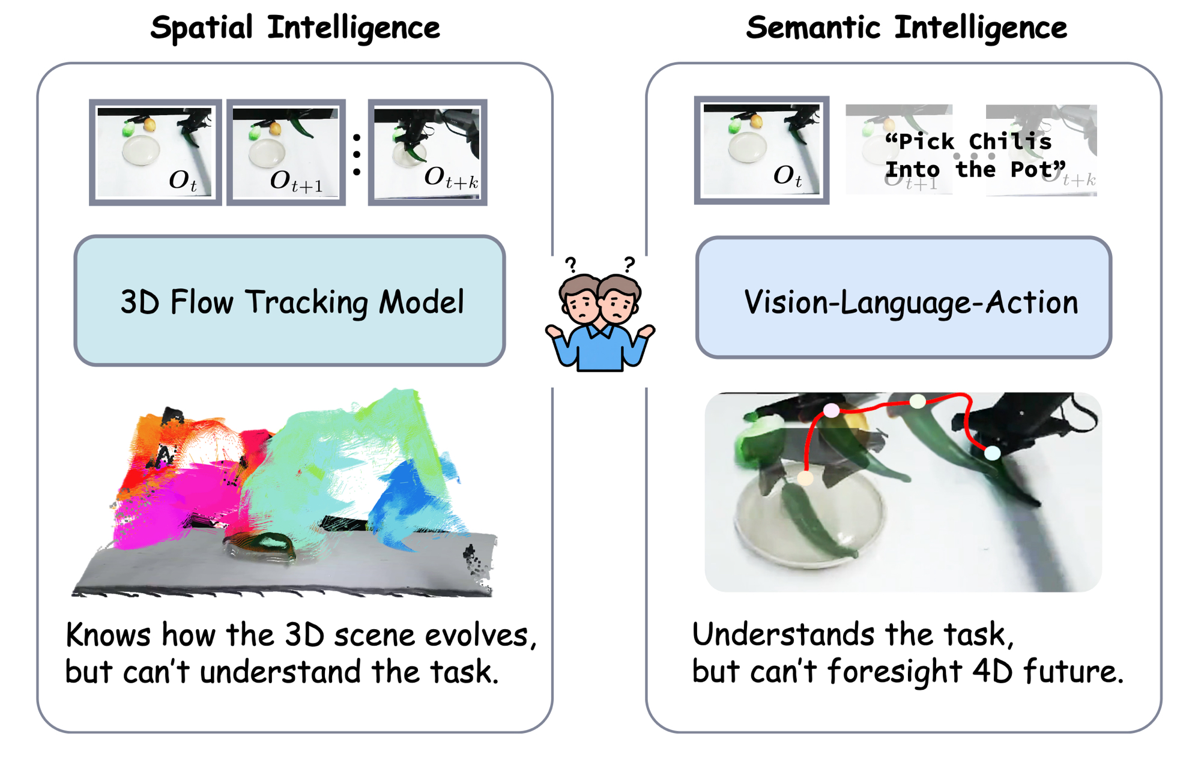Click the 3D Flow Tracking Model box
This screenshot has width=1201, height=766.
click(x=289, y=300)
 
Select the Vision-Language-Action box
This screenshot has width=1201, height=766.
click(x=904, y=298)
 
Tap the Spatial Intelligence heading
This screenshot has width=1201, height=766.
click(x=295, y=28)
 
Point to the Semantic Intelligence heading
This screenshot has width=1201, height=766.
click(x=906, y=28)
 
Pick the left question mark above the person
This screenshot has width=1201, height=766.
click(x=571, y=265)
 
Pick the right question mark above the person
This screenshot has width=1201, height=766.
click(x=629, y=264)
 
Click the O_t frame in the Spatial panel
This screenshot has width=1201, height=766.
click(x=155, y=152)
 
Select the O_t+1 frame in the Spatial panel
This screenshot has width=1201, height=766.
click(x=286, y=152)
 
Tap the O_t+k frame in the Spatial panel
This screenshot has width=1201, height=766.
click(x=427, y=152)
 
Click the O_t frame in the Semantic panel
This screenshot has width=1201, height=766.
click(x=761, y=150)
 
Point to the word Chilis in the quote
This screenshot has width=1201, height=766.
click(x=1010, y=142)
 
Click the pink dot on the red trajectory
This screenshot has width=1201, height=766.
click(x=831, y=411)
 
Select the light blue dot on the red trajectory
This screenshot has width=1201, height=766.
click(x=993, y=453)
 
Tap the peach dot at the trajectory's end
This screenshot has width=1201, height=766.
click(x=805, y=478)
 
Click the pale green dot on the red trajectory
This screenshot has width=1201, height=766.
click(x=918, y=402)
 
